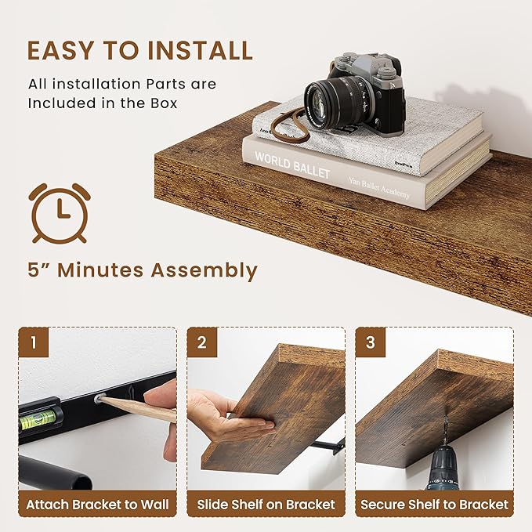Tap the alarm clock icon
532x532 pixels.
tap(59, 212)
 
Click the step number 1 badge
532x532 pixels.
tap(34, 342)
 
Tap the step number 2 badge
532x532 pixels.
tap(202, 342)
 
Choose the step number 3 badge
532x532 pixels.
tap(371, 342)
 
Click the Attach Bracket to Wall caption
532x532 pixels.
tap(97, 505)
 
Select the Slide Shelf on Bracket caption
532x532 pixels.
tap(266, 505)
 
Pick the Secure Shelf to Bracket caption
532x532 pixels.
tap(434, 505)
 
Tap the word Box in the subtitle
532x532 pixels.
tap(163, 103)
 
